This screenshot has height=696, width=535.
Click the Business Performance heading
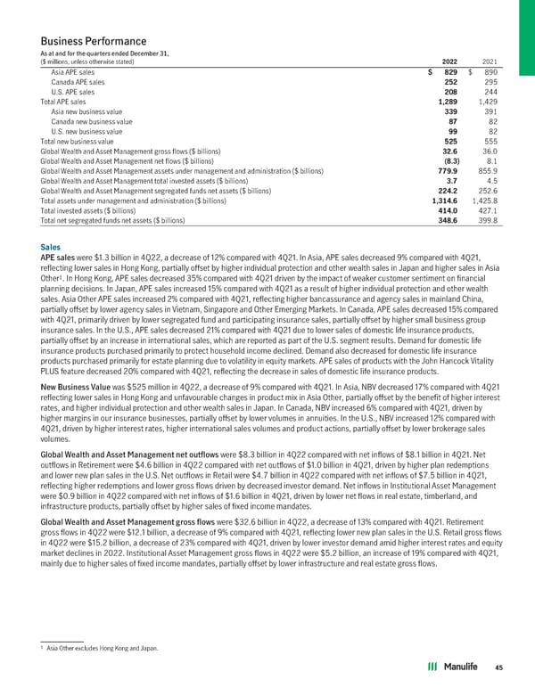(93, 42)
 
